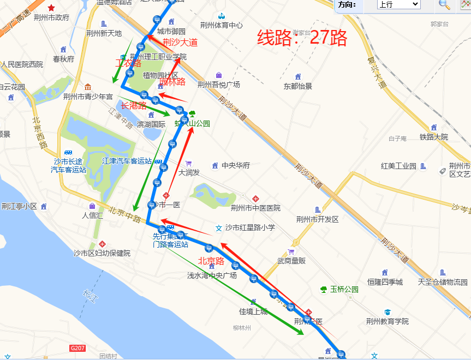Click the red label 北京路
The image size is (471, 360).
(211, 261)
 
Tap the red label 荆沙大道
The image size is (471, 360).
(180, 42)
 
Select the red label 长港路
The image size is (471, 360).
(134, 105)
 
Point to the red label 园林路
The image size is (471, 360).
(172, 82)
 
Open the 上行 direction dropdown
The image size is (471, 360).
(398, 4)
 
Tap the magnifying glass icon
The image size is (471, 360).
(445, 4)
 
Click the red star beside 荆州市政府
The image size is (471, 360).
(51, 8)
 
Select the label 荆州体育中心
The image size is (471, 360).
(221, 25)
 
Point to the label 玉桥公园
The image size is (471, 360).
(344, 290)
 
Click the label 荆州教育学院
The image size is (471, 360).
(387, 321)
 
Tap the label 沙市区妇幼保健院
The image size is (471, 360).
(102, 253)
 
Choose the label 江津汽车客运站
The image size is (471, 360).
(127, 161)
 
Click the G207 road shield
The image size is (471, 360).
(77, 348)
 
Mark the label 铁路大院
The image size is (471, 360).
(433, 137)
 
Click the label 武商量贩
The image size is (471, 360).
(291, 261)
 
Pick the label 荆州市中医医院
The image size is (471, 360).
(255, 208)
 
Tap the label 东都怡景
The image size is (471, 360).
(297, 86)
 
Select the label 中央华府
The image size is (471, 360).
(235, 165)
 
